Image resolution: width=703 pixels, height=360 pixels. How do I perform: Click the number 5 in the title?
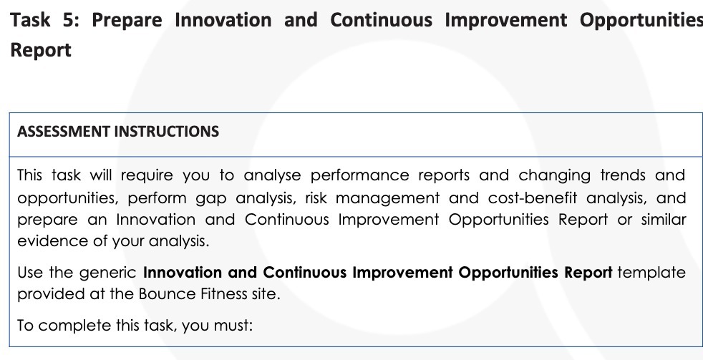pyautogui.click(x=72, y=20)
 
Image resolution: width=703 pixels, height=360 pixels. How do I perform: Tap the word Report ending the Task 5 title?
pyautogui.click(x=40, y=51)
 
